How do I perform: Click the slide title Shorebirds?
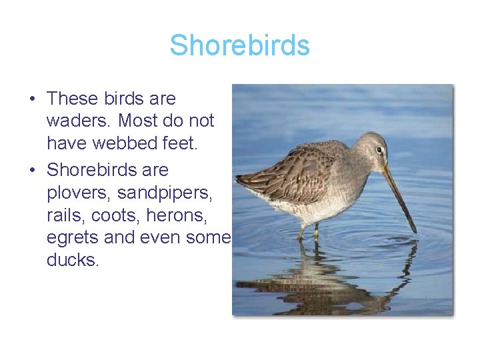click(x=239, y=45)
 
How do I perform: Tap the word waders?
click(x=75, y=121)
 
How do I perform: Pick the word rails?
click(x=65, y=215)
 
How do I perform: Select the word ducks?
click(x=73, y=260)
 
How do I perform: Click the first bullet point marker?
click(x=31, y=99)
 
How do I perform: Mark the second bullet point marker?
click(x=31, y=171)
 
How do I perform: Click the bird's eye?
click(x=379, y=150)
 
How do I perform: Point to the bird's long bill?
click(x=399, y=196)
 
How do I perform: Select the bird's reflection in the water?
click(x=320, y=280)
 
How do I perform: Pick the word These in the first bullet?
click(x=73, y=99)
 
